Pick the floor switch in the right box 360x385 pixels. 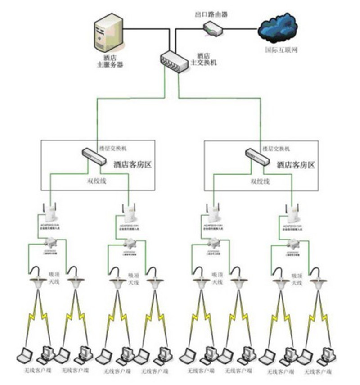(256, 155)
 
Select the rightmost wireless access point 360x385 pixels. (293, 211)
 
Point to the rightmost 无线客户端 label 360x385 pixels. (318, 372)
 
